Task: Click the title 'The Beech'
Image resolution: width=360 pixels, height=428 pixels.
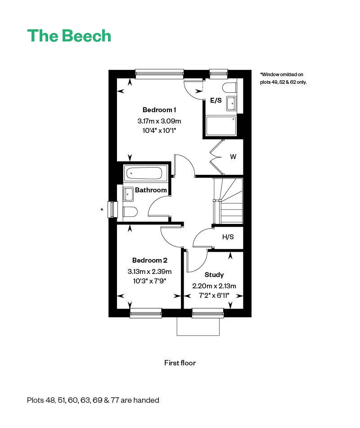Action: tap(69, 36)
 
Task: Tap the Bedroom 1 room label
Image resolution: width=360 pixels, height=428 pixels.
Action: tap(159, 110)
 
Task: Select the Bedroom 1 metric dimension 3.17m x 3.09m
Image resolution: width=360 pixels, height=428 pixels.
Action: tap(159, 121)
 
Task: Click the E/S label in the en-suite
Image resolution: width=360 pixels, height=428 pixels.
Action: tap(216, 100)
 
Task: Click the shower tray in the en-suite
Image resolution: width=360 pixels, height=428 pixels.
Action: tap(221, 126)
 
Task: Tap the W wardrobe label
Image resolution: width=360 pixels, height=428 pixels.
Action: tap(233, 157)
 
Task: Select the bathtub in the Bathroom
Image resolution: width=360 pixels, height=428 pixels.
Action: tap(144, 173)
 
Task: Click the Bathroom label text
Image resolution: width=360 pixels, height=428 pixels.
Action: tap(151, 190)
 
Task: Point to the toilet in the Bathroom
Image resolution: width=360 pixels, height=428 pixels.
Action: tap(130, 211)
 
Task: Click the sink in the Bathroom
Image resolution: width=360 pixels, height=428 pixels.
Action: tap(128, 194)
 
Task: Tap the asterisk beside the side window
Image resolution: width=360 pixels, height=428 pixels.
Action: tap(102, 210)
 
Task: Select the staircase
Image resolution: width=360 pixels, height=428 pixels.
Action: tap(229, 200)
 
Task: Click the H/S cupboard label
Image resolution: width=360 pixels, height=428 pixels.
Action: tap(228, 237)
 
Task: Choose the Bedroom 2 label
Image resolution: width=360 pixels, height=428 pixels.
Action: tap(150, 260)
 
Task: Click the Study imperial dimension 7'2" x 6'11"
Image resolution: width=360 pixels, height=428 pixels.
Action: tap(214, 295)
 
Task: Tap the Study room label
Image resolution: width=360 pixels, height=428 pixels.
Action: tap(214, 275)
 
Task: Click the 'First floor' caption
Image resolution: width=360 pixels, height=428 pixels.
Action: tap(180, 363)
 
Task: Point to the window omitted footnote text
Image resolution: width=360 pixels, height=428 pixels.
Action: tap(283, 78)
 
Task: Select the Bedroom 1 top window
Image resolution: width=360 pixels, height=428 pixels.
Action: tap(159, 73)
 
